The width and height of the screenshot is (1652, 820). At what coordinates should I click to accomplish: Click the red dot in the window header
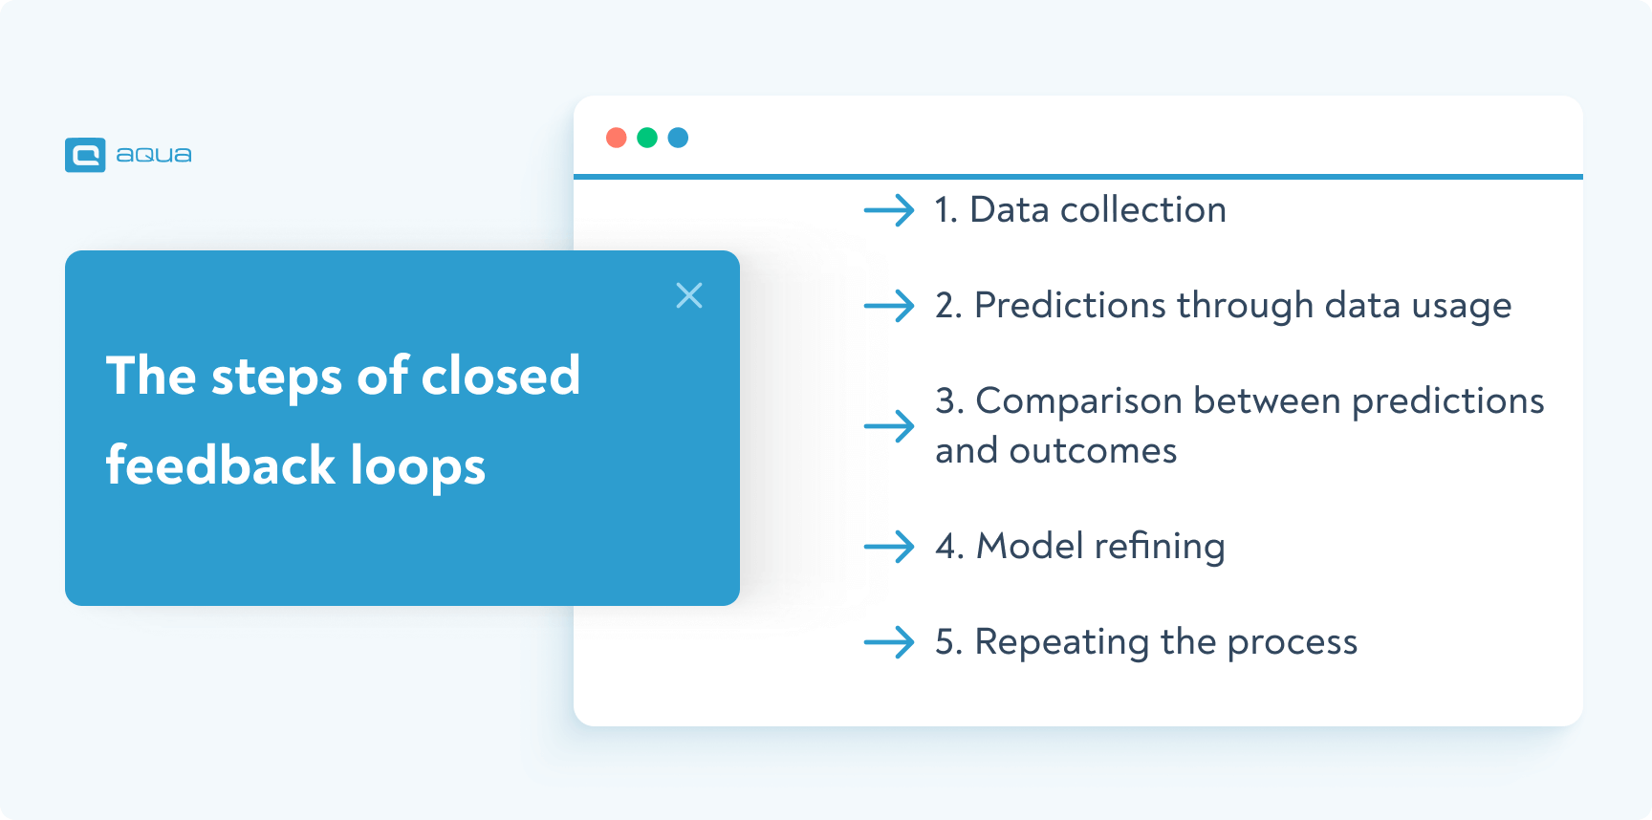[x=617, y=138]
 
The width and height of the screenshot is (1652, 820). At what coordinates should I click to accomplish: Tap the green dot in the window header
[x=647, y=138]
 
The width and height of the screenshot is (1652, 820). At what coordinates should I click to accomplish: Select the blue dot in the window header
[x=678, y=138]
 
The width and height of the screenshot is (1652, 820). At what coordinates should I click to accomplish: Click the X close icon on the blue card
[x=689, y=295]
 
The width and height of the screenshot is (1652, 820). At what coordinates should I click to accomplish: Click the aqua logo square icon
[x=85, y=155]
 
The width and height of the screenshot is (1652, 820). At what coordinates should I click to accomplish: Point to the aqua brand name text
[x=154, y=155]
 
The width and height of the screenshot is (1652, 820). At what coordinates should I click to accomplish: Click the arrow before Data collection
[x=889, y=210]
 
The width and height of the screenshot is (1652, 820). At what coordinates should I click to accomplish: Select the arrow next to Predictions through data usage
[x=889, y=306]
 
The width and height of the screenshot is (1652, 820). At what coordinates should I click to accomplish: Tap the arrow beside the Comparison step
[x=889, y=425]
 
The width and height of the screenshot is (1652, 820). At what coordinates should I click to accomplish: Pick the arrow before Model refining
[x=889, y=547]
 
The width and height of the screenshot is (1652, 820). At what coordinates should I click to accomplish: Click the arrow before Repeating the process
[x=889, y=642]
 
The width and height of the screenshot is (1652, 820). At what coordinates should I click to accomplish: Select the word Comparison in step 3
[x=1078, y=402]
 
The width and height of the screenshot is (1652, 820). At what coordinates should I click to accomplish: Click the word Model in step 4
[x=1030, y=547]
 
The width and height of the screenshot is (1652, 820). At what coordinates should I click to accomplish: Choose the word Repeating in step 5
[x=1061, y=643]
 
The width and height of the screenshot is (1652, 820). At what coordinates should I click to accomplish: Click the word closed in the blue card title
[x=501, y=376]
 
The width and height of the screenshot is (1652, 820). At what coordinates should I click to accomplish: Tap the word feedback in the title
[x=221, y=466]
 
